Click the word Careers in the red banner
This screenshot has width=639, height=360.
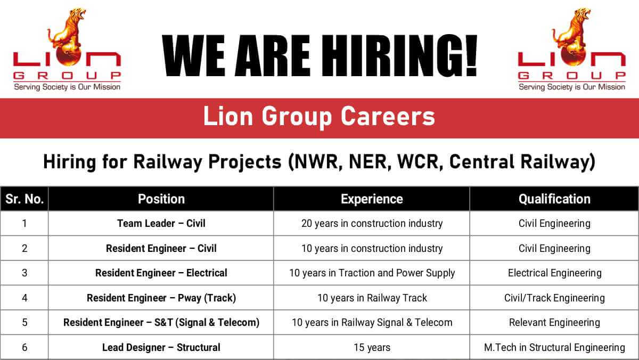[x=388, y=117]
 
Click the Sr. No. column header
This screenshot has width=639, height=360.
[x=24, y=199]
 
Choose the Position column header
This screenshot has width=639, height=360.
[x=161, y=199]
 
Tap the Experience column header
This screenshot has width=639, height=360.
[x=372, y=199]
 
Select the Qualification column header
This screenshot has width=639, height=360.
[x=554, y=199]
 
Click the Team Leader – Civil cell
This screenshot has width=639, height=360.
[x=161, y=223]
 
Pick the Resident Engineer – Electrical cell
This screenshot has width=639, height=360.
[x=161, y=273]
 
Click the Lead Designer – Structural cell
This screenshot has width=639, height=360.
[x=161, y=347]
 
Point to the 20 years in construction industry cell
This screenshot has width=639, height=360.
[x=372, y=223]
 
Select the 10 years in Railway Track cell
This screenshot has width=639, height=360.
[x=372, y=298]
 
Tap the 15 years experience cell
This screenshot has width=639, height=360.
[x=372, y=347]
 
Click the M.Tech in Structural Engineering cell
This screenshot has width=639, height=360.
[x=554, y=347]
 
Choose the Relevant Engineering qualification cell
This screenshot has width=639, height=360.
[x=554, y=323]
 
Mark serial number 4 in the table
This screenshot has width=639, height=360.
[x=24, y=298]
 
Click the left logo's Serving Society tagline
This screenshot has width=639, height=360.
[x=67, y=87]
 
